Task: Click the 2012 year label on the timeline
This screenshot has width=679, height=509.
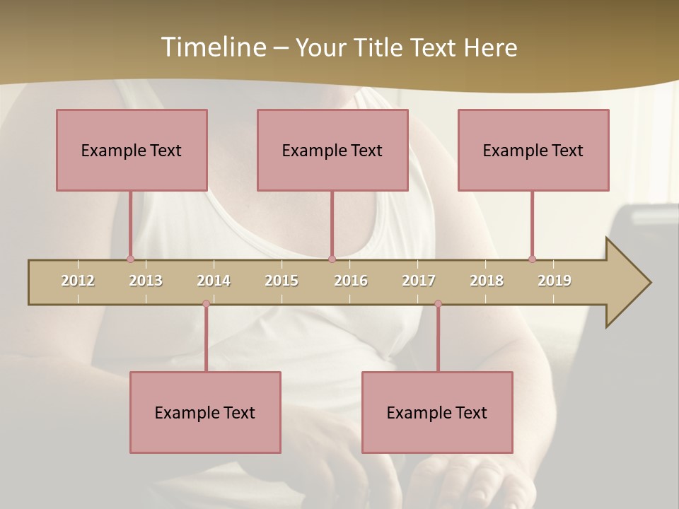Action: click(78, 281)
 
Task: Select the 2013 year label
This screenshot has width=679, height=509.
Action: click(146, 281)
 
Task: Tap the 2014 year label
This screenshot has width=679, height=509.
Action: click(214, 281)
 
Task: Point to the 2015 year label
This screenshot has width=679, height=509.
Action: click(282, 281)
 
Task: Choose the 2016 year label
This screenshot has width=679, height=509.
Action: click(351, 281)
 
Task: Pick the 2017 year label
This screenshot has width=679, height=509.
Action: click(419, 281)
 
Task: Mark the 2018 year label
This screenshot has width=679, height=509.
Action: click(487, 281)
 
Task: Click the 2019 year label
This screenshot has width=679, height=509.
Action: click(555, 281)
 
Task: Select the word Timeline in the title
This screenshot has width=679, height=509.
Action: click(211, 47)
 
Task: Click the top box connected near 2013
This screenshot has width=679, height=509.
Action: click(132, 150)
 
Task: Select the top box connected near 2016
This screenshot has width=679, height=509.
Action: click(332, 150)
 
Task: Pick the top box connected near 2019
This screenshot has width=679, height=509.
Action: click(533, 150)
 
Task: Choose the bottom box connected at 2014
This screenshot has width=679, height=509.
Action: click(205, 412)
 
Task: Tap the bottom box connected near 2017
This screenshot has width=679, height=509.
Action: click(437, 412)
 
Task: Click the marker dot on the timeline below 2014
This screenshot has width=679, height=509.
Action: click(206, 304)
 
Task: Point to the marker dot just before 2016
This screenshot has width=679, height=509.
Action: click(332, 259)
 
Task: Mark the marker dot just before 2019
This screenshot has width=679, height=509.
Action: click(532, 259)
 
